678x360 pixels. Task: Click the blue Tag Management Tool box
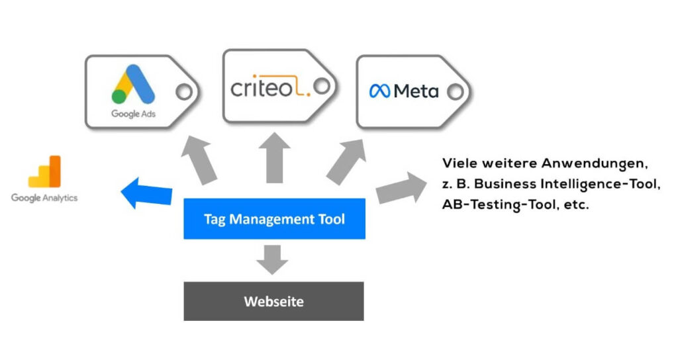pos(274,219)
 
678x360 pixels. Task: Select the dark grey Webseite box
pos(273,301)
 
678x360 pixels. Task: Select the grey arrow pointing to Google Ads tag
pos(201,159)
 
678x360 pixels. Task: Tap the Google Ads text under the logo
pos(134,114)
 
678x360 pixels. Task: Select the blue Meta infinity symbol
pos(380,91)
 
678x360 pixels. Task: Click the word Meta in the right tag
pos(416,91)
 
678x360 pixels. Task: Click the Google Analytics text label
pos(44,198)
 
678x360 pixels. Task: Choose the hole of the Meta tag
pos(456,92)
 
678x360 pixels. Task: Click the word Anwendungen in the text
pos(592,163)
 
